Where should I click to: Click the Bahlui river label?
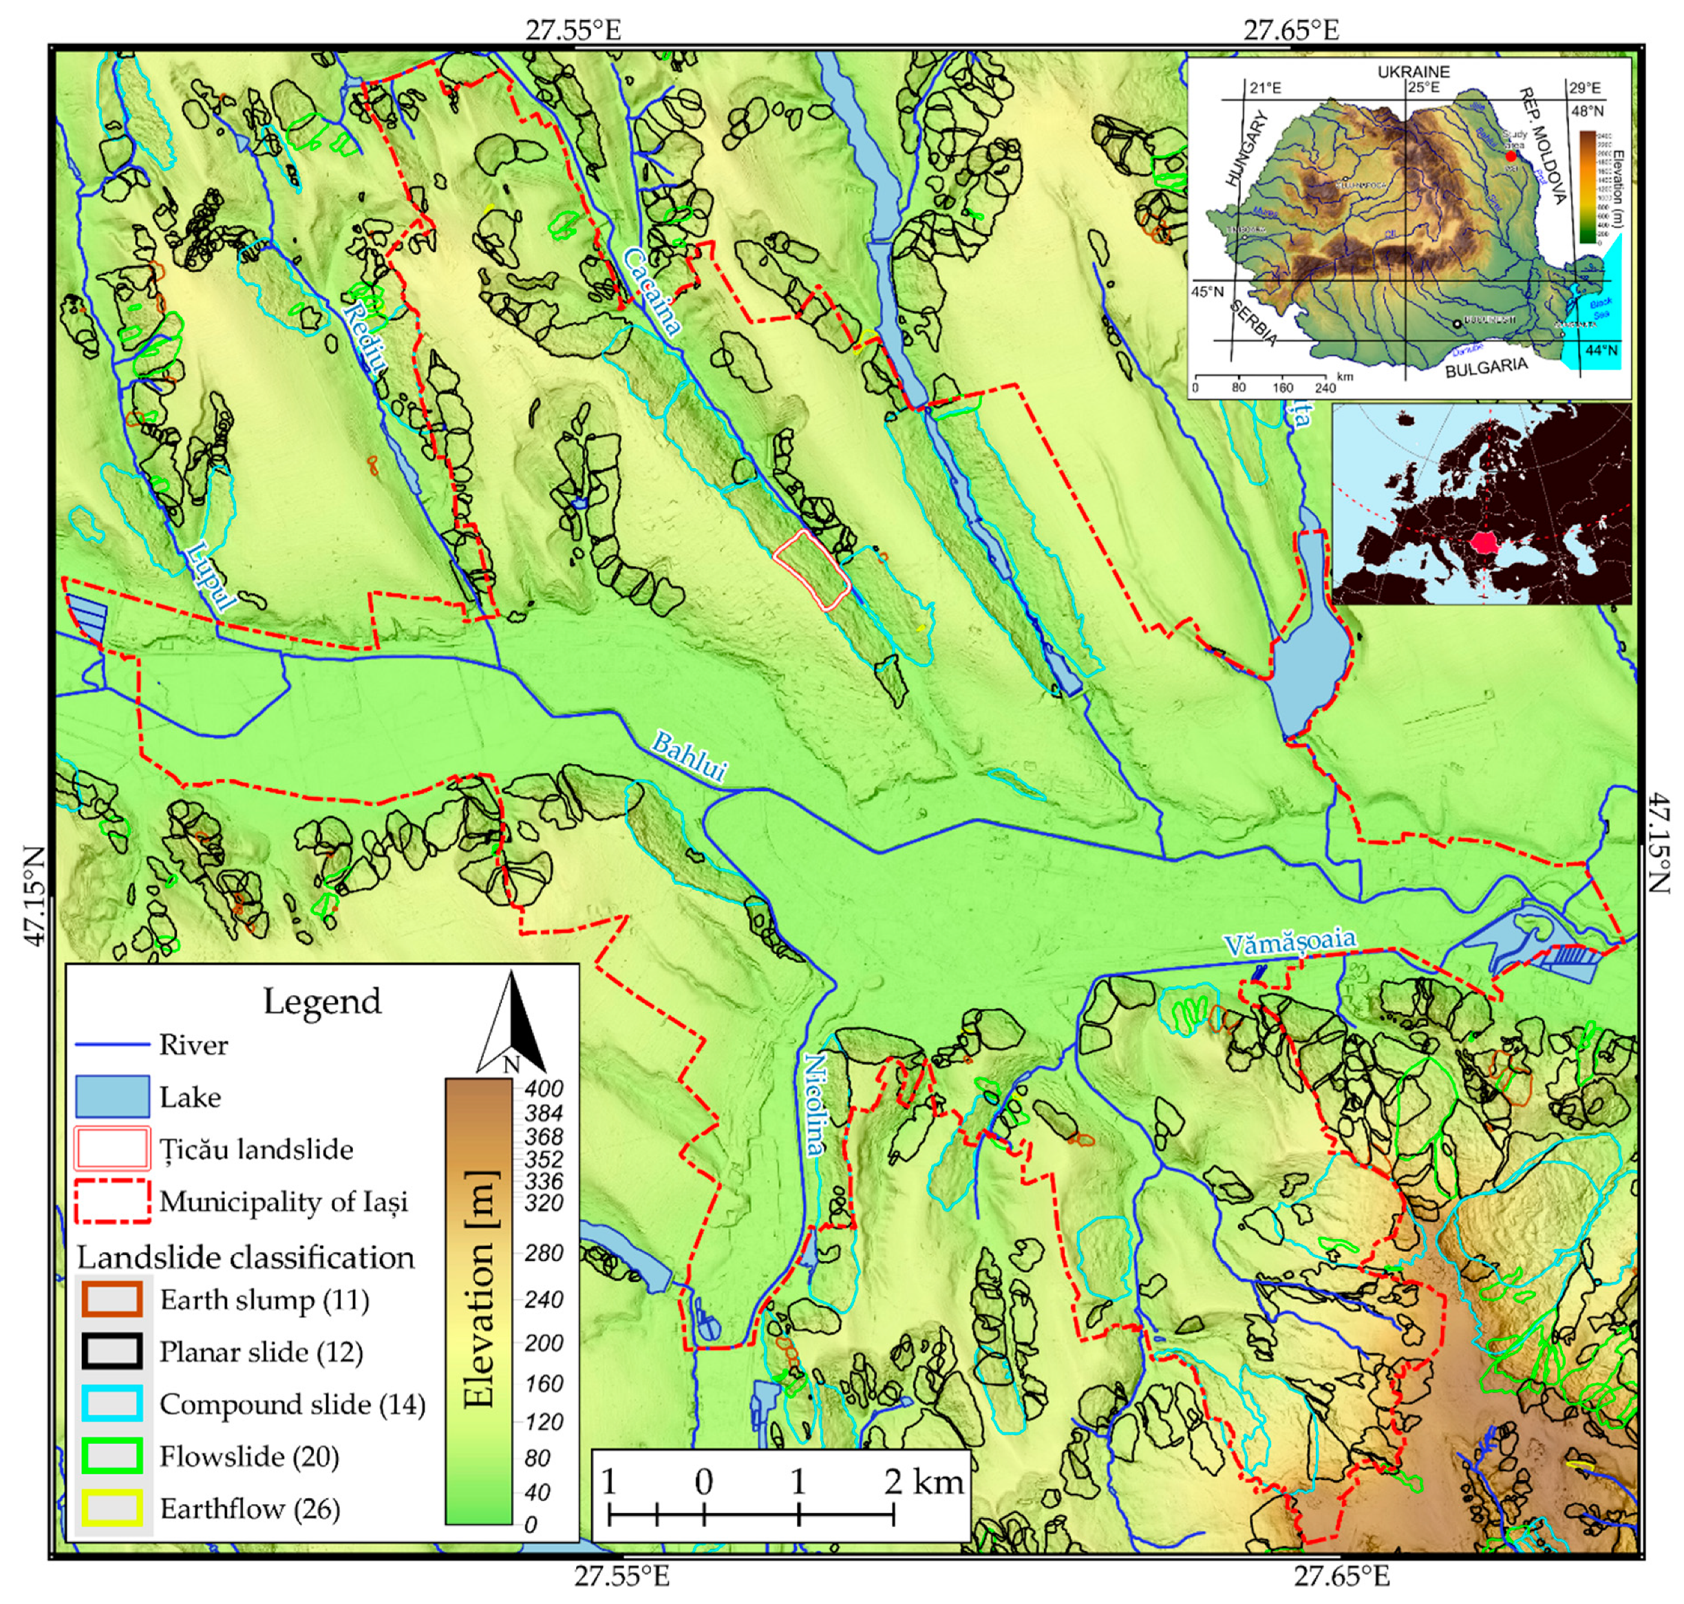pos(688,757)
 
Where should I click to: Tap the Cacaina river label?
pos(652,291)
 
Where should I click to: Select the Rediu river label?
pos(367,339)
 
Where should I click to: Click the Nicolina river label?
pos(817,1103)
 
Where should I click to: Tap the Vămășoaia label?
pos(1288,942)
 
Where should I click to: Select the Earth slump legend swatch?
pos(112,1300)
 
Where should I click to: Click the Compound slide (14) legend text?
pos(292,1404)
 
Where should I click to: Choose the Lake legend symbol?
pos(112,1097)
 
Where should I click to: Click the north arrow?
pos(511,1022)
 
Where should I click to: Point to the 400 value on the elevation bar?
pos(544,1088)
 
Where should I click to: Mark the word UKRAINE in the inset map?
pos(1413,72)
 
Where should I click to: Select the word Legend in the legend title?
pos(321,1001)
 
